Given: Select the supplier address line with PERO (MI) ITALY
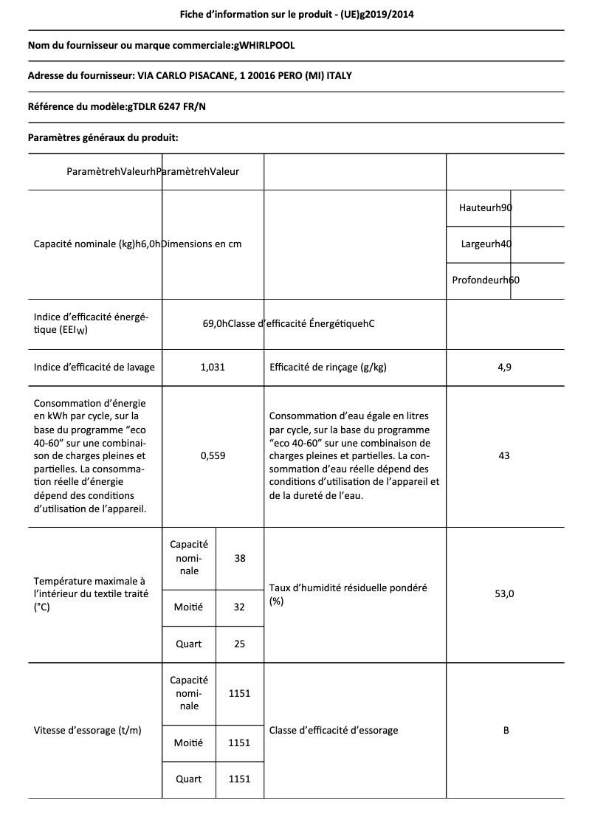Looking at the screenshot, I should click(x=195, y=76).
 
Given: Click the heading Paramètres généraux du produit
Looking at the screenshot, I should click(x=103, y=137).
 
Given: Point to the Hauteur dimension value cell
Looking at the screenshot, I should click(x=485, y=208).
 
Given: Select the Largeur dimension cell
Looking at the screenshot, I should click(x=486, y=244).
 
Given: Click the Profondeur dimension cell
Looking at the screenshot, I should click(x=486, y=280).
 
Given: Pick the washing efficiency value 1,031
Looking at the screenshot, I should click(x=213, y=367).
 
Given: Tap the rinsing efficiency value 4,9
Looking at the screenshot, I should click(x=504, y=367).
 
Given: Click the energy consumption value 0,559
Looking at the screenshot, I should click(x=213, y=455).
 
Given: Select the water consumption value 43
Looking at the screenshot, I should click(x=504, y=455).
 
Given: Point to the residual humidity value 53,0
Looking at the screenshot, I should click(x=504, y=593).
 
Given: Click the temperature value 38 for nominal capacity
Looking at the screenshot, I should click(x=240, y=558).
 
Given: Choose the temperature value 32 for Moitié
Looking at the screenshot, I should click(x=239, y=607).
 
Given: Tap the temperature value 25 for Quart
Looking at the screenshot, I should click(x=239, y=644).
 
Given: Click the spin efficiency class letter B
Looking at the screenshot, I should click(x=506, y=730).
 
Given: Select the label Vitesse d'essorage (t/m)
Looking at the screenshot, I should click(x=88, y=730).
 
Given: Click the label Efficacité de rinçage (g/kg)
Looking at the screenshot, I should click(x=328, y=367).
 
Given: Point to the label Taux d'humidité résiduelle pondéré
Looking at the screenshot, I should click(x=348, y=588).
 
